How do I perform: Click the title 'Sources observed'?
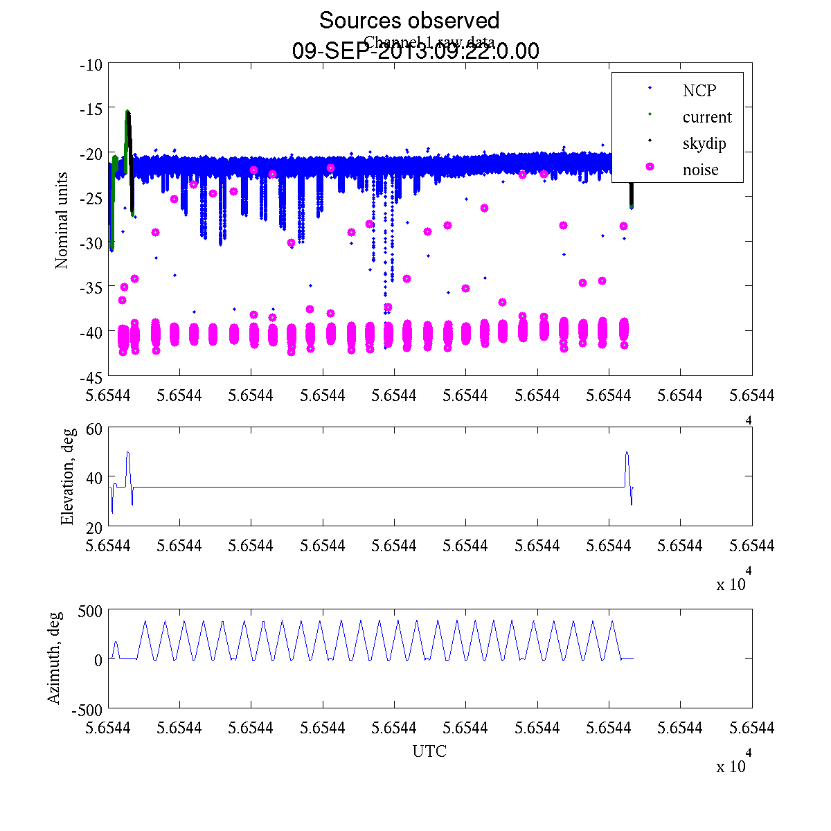tap(409, 20)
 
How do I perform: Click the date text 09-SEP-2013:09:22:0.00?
tap(415, 51)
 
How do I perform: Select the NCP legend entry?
tap(699, 91)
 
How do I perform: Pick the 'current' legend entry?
tap(707, 117)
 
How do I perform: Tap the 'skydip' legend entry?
tap(704, 144)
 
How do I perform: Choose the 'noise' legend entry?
tap(701, 170)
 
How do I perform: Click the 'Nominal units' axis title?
tap(62, 220)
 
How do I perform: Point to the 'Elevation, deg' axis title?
tap(67, 476)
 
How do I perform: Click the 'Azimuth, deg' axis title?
tap(55, 658)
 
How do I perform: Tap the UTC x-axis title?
tap(429, 751)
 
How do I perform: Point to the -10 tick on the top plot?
tap(91, 66)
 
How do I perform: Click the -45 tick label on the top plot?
tap(91, 377)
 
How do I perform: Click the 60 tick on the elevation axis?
tap(94, 429)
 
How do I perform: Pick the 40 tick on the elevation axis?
tap(94, 478)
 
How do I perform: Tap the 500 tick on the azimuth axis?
tap(89, 611)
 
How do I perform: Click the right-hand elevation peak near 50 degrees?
tap(627, 453)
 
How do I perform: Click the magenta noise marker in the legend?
tap(650, 167)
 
